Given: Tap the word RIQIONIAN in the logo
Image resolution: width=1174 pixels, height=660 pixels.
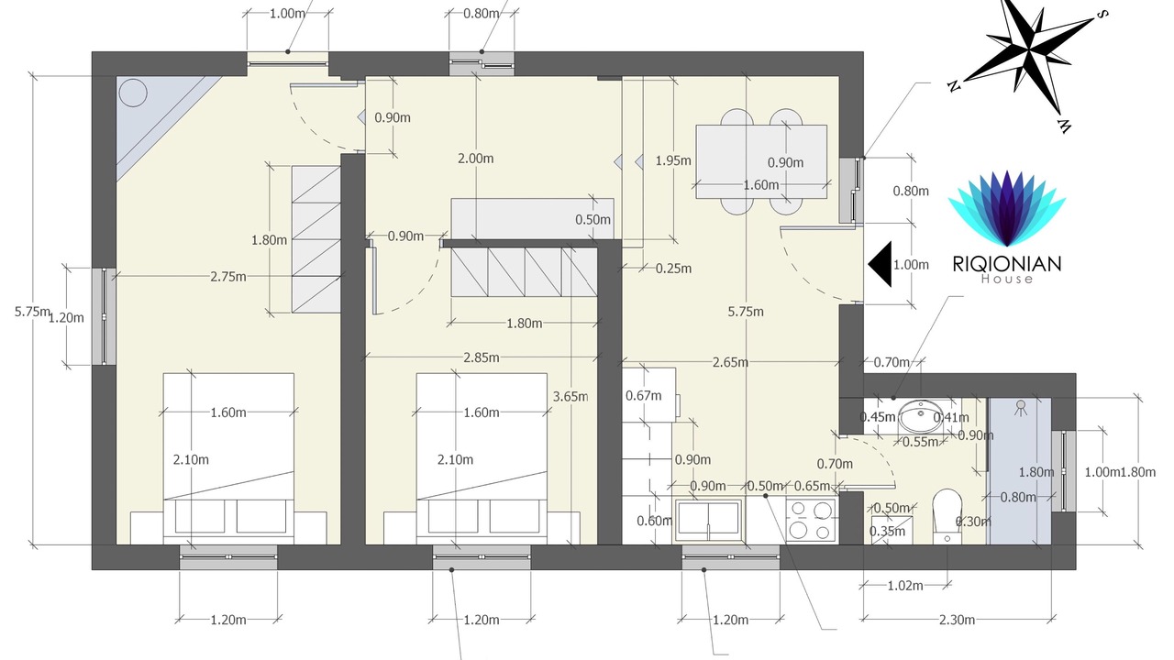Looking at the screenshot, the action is [x=1007, y=263].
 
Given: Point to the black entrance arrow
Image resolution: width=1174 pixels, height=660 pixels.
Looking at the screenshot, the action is [x=880, y=264].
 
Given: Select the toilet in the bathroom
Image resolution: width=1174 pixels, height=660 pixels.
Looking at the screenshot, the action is [x=947, y=516].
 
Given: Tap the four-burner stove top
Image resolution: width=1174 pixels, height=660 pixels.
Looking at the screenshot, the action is [x=811, y=520].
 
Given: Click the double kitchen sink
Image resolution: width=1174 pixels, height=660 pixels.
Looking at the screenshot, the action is [x=709, y=520].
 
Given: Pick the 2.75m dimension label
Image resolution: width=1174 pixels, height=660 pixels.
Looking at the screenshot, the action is [x=228, y=277].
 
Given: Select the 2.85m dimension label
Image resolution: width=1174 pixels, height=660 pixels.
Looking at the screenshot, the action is [x=482, y=357].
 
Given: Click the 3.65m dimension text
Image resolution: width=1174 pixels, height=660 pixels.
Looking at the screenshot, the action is [x=570, y=397].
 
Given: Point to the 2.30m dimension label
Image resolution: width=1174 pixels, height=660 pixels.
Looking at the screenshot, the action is [x=957, y=621].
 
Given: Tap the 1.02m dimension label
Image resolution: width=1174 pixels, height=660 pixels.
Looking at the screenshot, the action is [x=905, y=586].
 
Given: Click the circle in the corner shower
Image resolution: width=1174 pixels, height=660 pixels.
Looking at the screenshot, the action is [x=133, y=93].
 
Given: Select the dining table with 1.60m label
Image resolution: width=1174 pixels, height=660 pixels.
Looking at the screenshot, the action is [x=761, y=162].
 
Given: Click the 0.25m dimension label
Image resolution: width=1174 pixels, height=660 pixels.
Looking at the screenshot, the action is [x=673, y=269].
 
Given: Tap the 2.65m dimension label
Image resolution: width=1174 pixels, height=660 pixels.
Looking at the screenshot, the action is [x=730, y=362].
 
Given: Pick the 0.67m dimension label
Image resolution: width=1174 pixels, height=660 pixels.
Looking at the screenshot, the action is [x=643, y=396].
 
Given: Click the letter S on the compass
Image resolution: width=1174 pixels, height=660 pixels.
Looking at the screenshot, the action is [x=1102, y=14].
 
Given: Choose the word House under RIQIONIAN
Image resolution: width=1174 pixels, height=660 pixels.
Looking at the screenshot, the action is [x=1007, y=280].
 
